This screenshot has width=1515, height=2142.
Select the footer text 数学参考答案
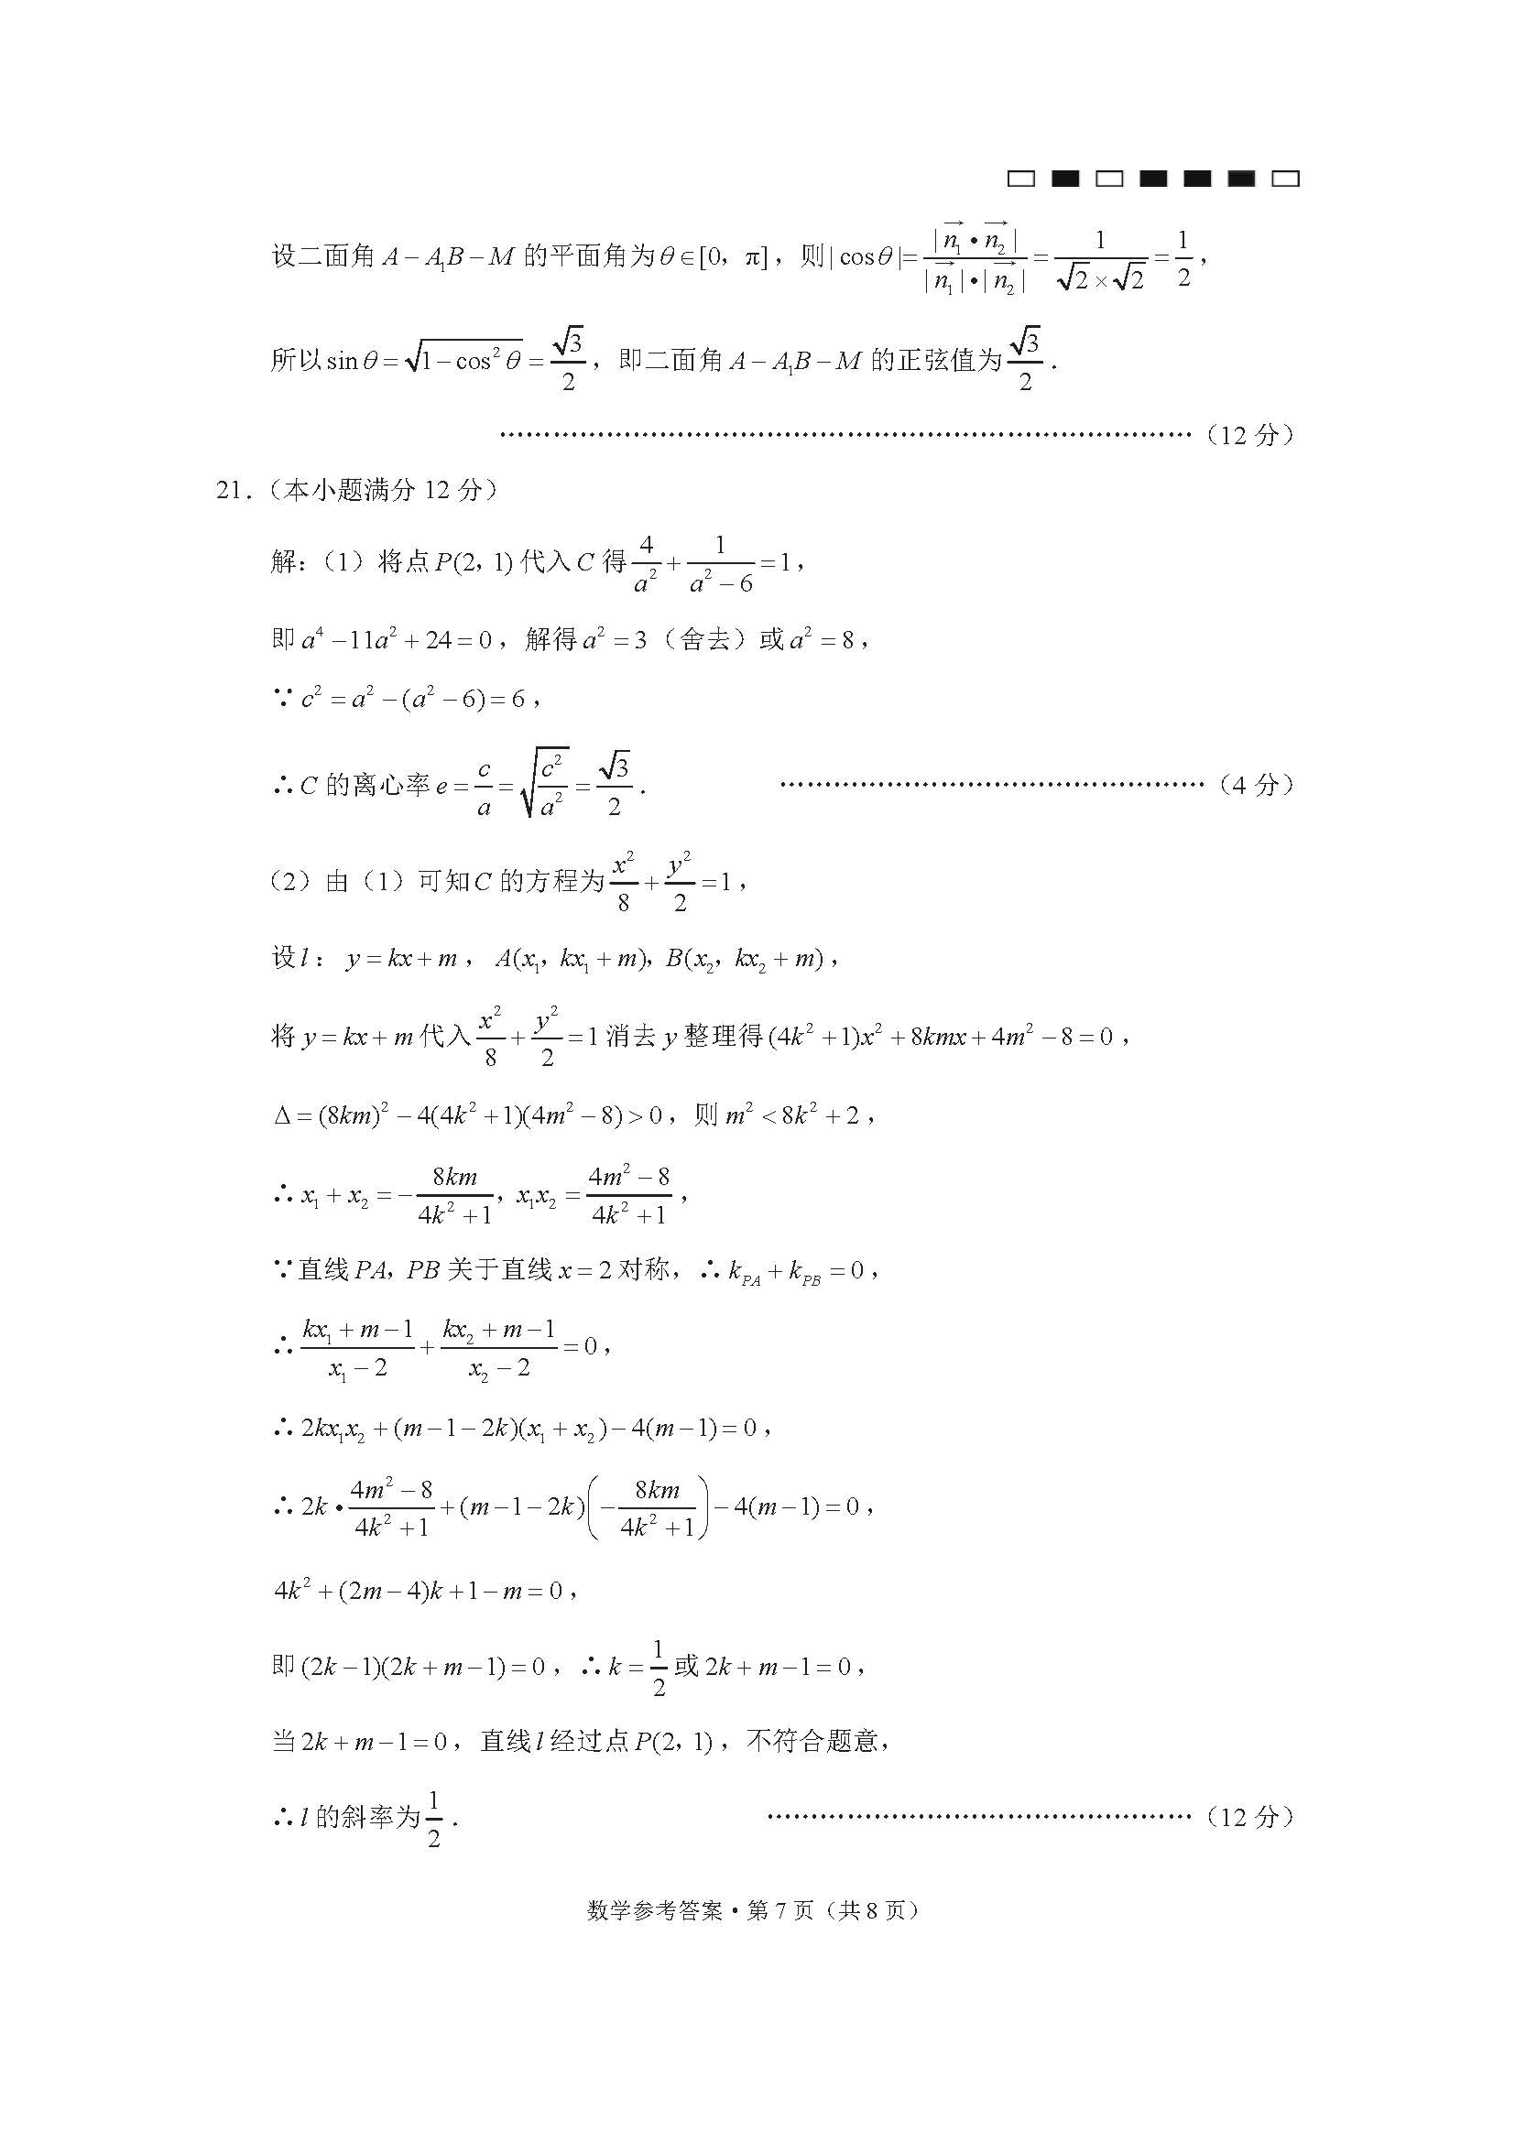tap(655, 1910)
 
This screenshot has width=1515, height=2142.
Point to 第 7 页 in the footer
tap(779, 1910)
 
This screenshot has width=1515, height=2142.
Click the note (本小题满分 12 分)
tap(383, 490)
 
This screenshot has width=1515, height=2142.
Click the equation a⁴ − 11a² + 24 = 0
tap(396, 640)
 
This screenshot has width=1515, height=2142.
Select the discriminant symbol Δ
tap(283, 1115)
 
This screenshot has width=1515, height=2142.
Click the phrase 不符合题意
tap(813, 1741)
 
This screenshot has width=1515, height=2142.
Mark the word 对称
tap(644, 1269)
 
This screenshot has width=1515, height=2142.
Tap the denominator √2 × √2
tap(1101, 278)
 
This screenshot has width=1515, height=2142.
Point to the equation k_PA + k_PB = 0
tap(795, 1272)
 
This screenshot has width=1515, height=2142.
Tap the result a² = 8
tap(821, 640)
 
